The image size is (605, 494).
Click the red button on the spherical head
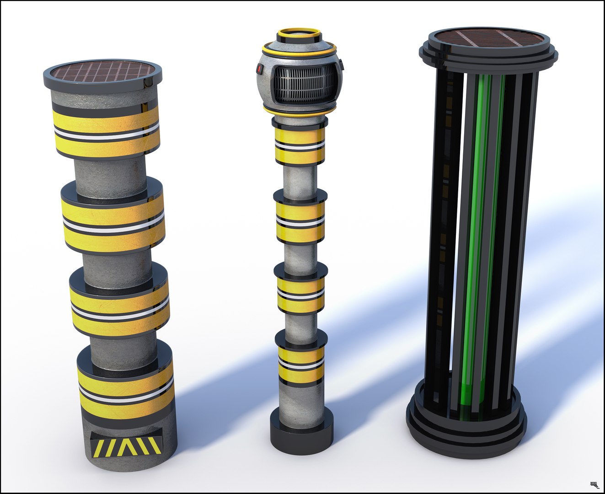259,70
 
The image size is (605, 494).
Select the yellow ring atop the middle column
300,33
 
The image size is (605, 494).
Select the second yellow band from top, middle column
300,221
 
